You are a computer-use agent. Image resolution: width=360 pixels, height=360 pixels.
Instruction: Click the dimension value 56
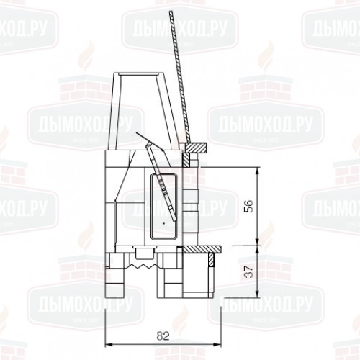coord(250,206)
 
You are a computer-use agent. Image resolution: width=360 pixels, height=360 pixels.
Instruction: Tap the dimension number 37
coord(250,271)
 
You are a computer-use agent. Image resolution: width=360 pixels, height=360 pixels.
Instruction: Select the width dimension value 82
coord(163,336)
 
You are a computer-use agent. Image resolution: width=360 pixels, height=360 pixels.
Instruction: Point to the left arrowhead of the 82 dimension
coord(109,345)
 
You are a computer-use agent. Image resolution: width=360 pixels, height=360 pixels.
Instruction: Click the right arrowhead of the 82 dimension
coord(218,345)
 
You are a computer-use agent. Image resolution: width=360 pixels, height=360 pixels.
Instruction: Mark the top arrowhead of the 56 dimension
coord(257,170)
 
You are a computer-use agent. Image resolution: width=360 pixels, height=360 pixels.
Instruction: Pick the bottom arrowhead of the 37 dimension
coord(257,294)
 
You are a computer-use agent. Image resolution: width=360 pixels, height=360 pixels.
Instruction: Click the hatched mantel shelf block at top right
coord(196,148)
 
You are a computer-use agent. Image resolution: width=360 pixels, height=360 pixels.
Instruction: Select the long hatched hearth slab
coord(202,249)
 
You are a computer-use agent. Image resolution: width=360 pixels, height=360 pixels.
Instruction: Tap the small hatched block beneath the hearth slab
coord(211,260)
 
